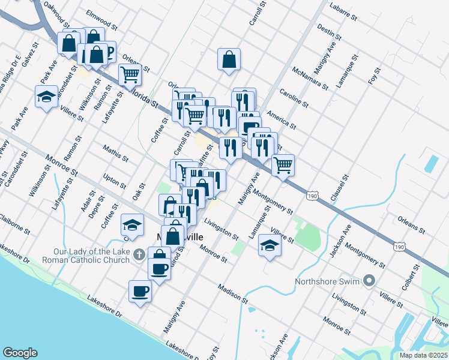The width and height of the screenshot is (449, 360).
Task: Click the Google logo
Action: coord(20,353)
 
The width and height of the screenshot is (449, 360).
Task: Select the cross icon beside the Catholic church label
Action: coord(139,254)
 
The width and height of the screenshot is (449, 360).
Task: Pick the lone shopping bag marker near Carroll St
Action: coord(229,59)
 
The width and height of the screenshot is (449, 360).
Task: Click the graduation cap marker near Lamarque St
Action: coord(270,245)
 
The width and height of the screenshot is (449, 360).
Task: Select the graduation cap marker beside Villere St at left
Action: coord(46,96)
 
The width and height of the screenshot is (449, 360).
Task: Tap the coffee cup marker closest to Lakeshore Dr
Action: coord(140,291)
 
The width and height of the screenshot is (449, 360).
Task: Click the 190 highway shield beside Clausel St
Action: coord(311,196)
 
